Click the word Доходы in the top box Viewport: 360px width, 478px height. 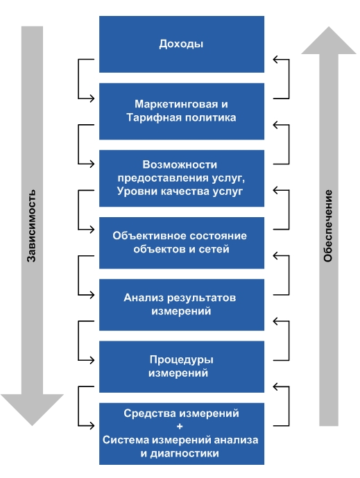181,44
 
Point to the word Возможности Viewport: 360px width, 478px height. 180,164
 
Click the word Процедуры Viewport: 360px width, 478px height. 181,360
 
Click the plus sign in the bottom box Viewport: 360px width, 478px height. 180,426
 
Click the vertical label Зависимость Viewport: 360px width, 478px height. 31,226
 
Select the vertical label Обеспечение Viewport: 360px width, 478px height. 327,226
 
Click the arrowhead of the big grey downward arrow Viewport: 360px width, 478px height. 32,409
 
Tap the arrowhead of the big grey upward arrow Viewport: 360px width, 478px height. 329,40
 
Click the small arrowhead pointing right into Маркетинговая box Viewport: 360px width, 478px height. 92,99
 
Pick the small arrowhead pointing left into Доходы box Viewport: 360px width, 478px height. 276,59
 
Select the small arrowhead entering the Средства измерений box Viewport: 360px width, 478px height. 92,425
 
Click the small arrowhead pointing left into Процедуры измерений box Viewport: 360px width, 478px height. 276,321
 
